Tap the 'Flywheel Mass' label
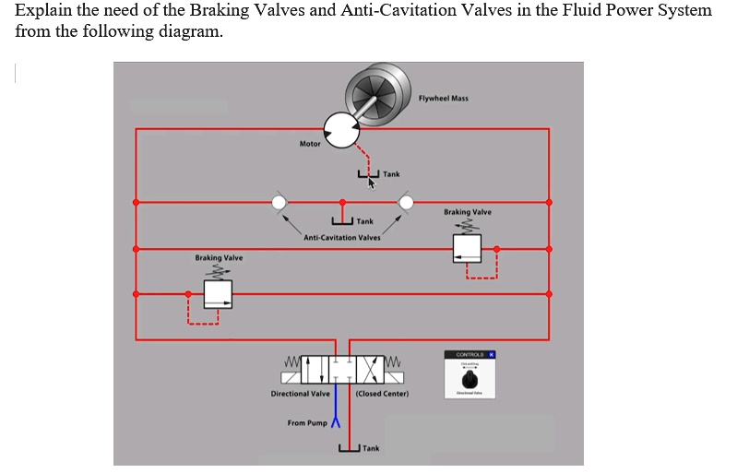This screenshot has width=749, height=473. pyautogui.click(x=443, y=99)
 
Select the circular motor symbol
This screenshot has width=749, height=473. pyautogui.click(x=341, y=132)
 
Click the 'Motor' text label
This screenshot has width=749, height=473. pyautogui.click(x=310, y=144)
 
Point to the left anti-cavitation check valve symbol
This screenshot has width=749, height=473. pyautogui.click(x=278, y=202)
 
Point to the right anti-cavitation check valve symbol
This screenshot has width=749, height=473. pyautogui.click(x=406, y=202)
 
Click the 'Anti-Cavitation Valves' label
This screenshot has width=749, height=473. pyautogui.click(x=341, y=237)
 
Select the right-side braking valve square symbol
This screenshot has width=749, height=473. pyautogui.click(x=467, y=248)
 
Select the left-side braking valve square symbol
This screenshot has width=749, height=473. pyautogui.click(x=218, y=294)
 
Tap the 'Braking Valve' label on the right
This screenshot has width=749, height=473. pyautogui.click(x=467, y=212)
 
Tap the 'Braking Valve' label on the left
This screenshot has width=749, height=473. pyautogui.click(x=219, y=258)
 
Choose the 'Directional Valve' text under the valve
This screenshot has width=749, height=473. pyautogui.click(x=300, y=394)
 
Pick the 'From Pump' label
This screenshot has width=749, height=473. pyautogui.click(x=308, y=423)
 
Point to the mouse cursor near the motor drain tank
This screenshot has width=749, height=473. pyautogui.click(x=372, y=183)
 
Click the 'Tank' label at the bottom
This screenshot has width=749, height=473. pyautogui.click(x=370, y=448)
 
